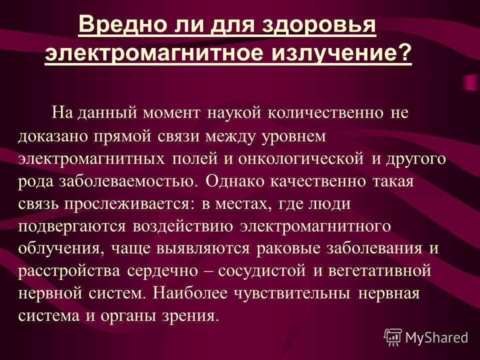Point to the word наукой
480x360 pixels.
pos(234,112)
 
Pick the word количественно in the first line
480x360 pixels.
pos(325,112)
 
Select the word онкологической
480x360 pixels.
pos(301,159)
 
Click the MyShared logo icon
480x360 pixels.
pos(393,337)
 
